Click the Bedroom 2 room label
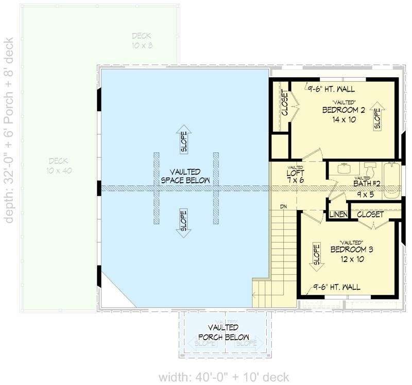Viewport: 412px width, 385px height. pyautogui.click(x=344, y=110)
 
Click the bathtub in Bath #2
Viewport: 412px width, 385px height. pyautogui.click(x=392, y=180)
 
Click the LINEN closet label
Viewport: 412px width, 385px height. pyautogui.click(x=337, y=213)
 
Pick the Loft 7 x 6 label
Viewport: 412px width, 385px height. pyautogui.click(x=296, y=177)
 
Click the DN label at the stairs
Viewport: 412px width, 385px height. pyautogui.click(x=283, y=206)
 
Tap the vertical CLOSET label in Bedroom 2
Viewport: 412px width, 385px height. pyautogui.click(x=284, y=103)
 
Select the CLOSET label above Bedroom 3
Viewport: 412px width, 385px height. pyautogui.click(x=370, y=213)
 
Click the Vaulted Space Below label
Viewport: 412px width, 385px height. pyautogui.click(x=185, y=176)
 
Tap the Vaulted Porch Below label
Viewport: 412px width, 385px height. pyautogui.click(x=223, y=332)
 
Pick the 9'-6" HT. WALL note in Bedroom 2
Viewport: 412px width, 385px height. pyautogui.click(x=330, y=88)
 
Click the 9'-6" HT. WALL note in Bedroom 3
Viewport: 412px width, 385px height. pyautogui.click(x=337, y=287)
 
